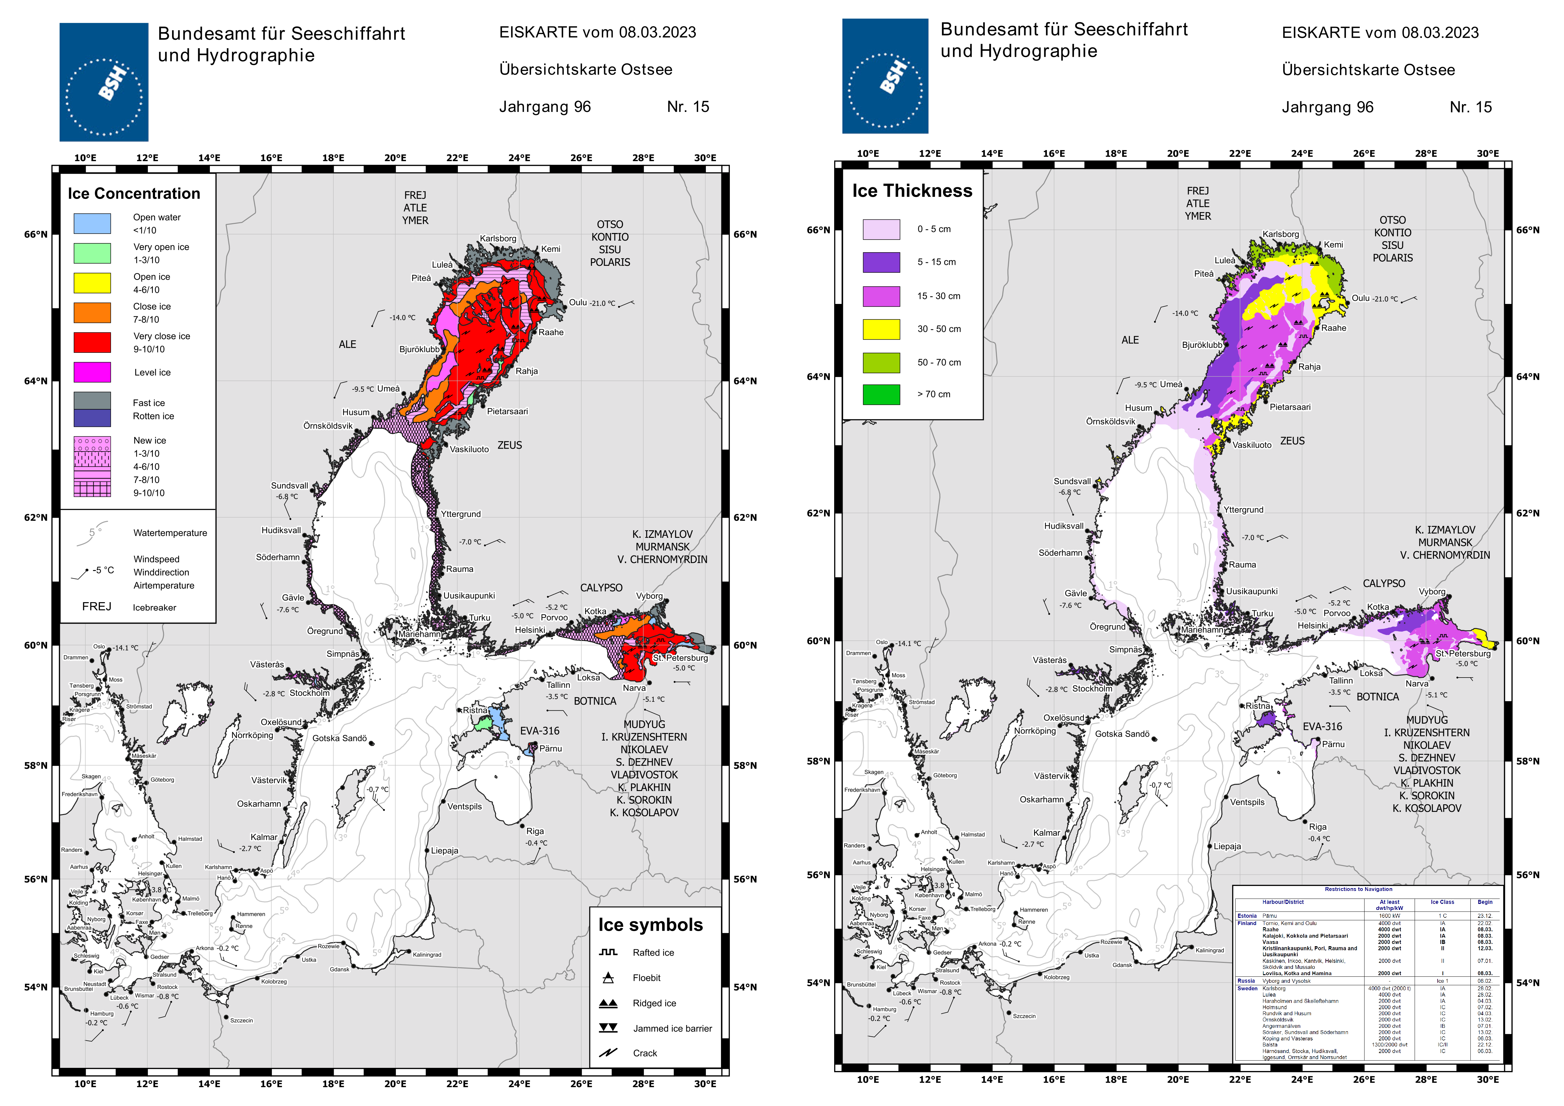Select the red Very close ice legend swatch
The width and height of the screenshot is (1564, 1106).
(92, 342)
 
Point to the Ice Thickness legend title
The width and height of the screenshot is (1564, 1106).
(912, 191)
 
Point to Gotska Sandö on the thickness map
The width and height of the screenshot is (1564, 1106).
(1122, 734)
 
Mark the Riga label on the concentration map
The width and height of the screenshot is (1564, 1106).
(535, 831)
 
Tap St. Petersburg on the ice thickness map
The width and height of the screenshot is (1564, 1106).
(1463, 654)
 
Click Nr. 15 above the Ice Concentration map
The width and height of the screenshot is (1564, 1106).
(688, 107)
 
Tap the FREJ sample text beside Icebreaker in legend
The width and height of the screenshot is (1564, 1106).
(97, 607)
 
